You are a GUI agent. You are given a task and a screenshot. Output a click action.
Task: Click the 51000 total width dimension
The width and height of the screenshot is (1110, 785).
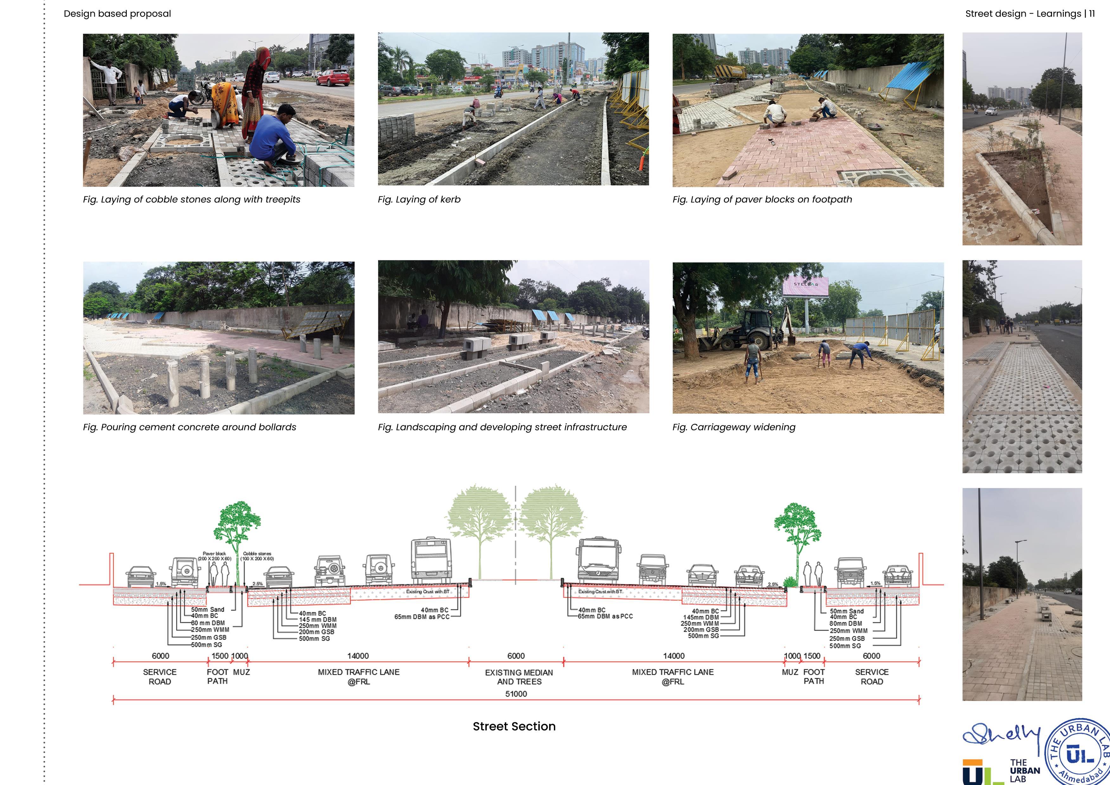coord(516,694)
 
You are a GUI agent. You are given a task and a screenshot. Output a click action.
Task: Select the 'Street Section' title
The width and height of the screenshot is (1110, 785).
coord(514,726)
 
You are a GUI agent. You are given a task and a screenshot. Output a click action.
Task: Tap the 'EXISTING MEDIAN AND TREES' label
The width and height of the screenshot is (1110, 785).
coord(519,677)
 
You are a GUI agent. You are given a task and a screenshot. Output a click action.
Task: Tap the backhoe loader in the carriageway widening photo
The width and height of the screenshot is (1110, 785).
coord(742,330)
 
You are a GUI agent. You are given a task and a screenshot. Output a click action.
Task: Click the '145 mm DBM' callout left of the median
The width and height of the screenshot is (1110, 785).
coord(318,619)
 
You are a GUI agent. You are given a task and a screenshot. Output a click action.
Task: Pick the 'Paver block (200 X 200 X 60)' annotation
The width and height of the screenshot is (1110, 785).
coord(214,556)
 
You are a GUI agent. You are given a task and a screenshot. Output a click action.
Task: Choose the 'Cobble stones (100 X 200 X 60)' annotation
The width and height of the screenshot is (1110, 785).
coord(257,556)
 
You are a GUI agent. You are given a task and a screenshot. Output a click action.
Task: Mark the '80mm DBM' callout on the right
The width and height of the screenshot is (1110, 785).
coord(845,624)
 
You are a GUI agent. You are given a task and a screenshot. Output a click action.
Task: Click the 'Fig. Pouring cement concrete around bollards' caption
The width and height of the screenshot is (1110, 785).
coord(189,427)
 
